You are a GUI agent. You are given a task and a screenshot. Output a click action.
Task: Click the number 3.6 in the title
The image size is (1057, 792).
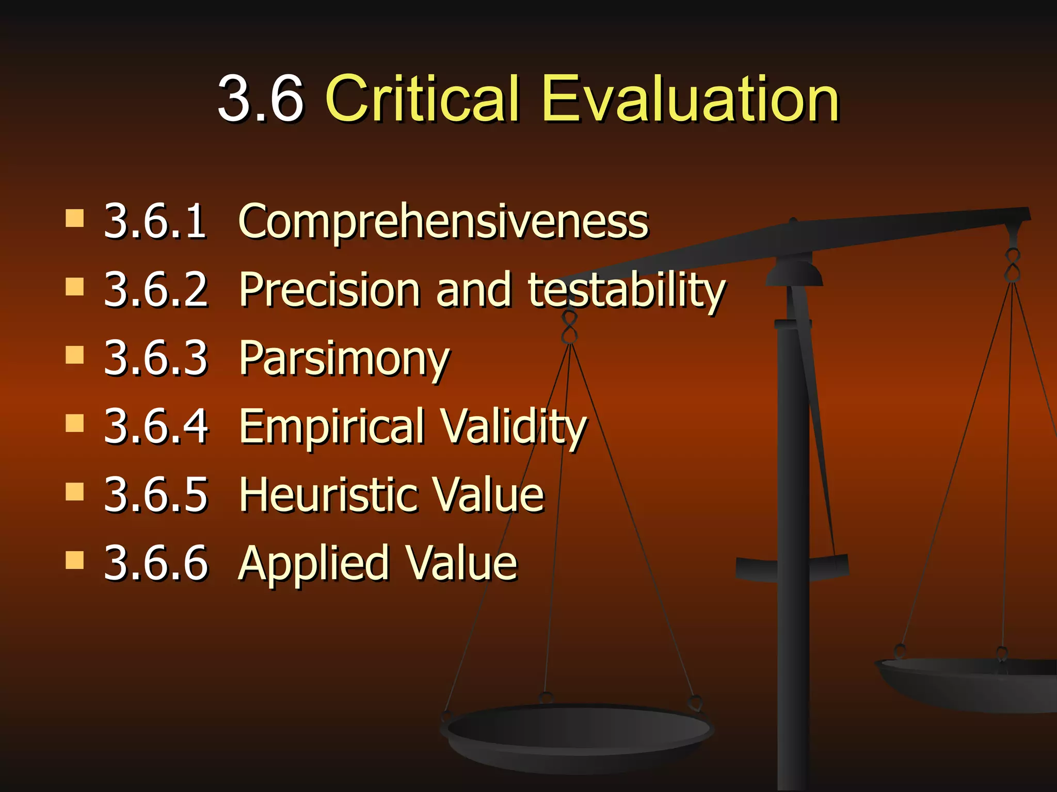[x=261, y=98]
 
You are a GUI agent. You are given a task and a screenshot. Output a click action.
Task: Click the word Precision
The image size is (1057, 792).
[x=329, y=290]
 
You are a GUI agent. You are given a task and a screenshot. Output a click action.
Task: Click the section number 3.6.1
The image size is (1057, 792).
[x=155, y=222]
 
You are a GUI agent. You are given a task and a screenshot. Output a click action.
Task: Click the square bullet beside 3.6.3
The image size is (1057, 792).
[x=75, y=355]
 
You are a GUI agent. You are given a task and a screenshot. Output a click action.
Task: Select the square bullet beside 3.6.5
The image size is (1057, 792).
[x=75, y=491]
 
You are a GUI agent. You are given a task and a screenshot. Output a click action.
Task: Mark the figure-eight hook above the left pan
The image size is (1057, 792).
[x=569, y=328]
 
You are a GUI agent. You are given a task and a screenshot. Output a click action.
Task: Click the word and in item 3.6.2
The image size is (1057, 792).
[x=474, y=290]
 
